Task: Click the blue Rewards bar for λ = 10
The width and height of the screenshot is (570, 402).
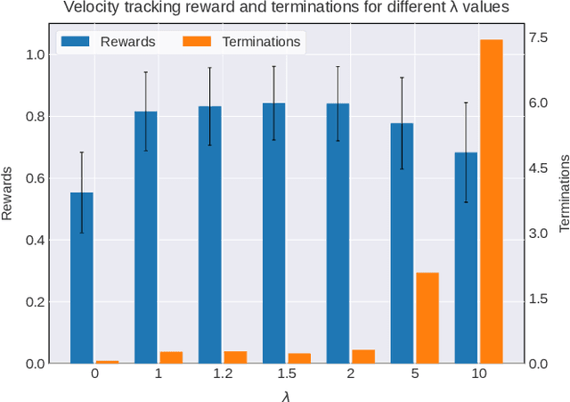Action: (x=467, y=258)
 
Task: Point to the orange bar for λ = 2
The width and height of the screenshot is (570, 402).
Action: (x=363, y=357)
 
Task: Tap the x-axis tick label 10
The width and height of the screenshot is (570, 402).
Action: (x=479, y=375)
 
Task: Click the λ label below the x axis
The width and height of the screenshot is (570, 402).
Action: (x=286, y=393)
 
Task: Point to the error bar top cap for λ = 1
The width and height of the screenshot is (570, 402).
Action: (x=146, y=72)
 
